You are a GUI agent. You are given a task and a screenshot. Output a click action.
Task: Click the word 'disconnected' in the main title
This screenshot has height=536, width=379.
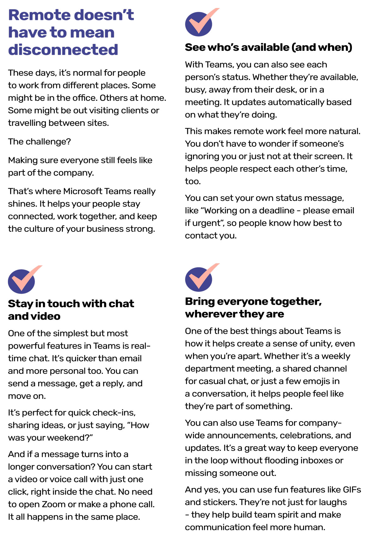pos(63,50)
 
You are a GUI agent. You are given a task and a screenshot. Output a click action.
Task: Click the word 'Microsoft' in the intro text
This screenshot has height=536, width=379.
pos(83,191)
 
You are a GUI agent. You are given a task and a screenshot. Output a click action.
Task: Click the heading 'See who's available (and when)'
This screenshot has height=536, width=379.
pos(268,47)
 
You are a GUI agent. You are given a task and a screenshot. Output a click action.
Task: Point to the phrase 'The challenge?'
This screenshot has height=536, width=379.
pos(39,142)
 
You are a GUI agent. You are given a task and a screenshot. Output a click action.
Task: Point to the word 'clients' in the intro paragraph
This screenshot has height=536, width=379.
pos(134,111)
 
